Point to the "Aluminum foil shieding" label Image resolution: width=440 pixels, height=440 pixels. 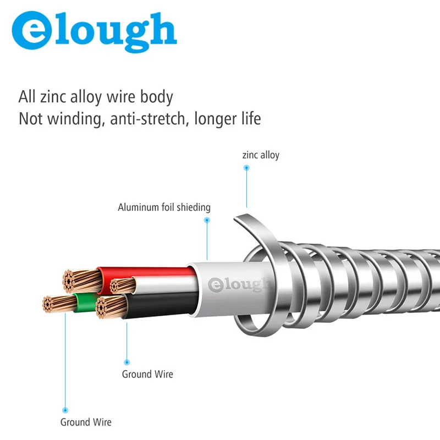[164, 207]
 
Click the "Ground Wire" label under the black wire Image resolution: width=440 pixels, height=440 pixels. [147, 374]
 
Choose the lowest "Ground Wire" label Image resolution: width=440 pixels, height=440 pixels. [85, 422]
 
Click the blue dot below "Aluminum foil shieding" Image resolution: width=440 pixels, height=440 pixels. [207, 220]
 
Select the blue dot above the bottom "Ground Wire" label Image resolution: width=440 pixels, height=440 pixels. [65, 410]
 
